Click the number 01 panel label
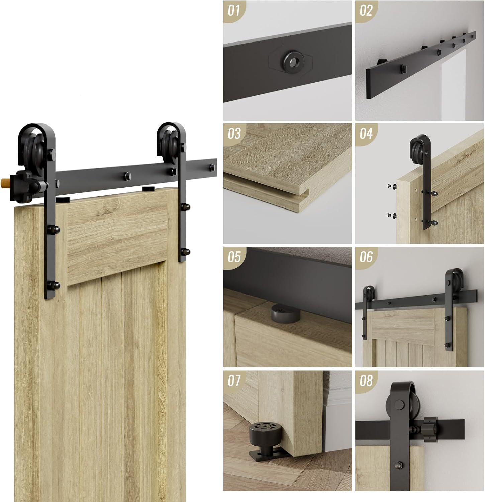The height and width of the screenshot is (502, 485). (x=234, y=11)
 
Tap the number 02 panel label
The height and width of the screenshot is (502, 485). (x=366, y=11)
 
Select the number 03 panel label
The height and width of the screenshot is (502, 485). (x=234, y=134)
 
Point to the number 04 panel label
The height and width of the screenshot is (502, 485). (x=366, y=134)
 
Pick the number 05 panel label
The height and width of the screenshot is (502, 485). (x=234, y=257)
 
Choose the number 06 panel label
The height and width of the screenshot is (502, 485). (x=366, y=257)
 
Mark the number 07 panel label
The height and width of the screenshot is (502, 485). (x=234, y=381)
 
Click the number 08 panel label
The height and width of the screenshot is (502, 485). (x=366, y=381)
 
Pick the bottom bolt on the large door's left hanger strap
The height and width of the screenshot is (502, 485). (x=54, y=286)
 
